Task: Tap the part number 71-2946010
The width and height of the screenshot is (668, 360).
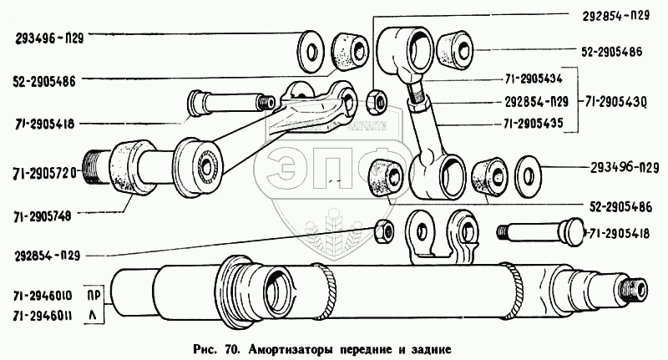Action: click(43, 295)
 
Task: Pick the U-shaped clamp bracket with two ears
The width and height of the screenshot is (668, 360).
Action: click(437, 236)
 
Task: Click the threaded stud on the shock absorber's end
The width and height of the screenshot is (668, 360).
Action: click(641, 290)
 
